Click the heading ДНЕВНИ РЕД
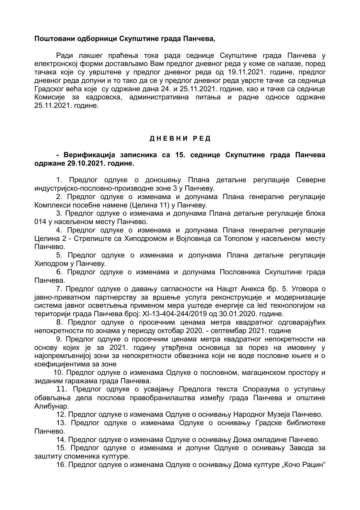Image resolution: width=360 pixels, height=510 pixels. pos(180,139)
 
